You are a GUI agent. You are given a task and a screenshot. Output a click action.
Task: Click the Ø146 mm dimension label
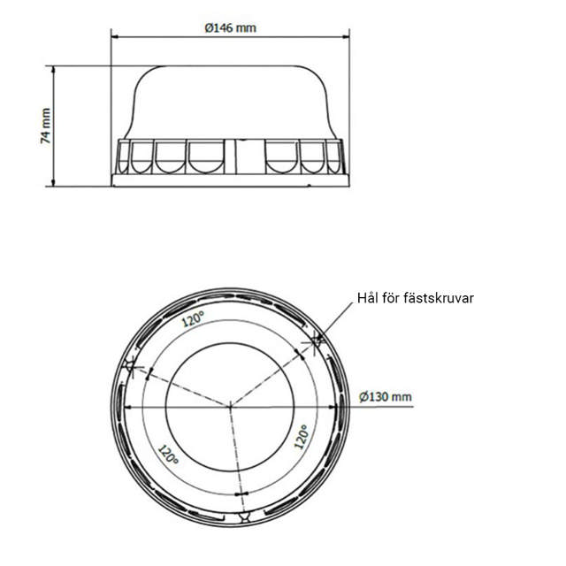tap(230, 27)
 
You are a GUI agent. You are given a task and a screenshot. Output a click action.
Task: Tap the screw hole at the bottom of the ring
tap(243, 516)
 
